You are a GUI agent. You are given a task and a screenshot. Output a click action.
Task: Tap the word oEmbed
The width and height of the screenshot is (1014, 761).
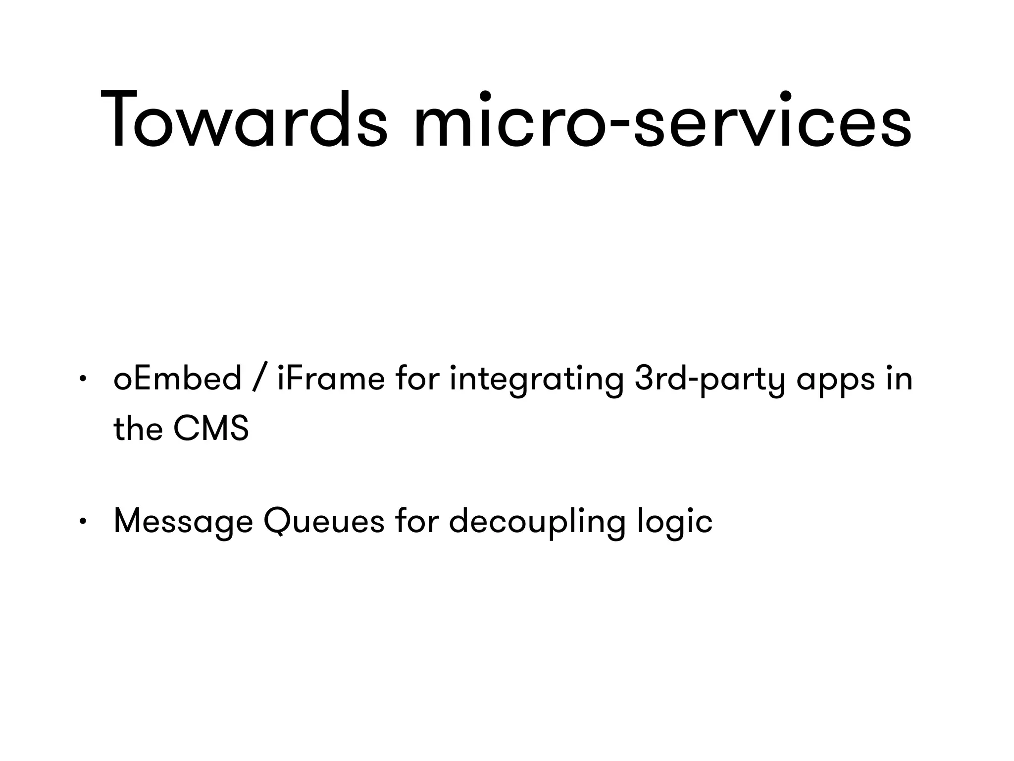point(177,379)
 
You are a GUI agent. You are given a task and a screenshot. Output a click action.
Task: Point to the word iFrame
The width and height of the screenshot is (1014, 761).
point(331,379)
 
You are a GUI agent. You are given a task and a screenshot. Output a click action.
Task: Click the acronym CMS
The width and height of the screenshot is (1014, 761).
point(211,429)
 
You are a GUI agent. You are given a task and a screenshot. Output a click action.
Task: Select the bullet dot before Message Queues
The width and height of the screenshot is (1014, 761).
point(83,522)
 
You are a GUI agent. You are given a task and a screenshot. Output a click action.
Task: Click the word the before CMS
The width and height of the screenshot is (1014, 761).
point(138,429)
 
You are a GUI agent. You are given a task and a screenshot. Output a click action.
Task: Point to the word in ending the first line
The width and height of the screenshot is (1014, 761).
point(899,379)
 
